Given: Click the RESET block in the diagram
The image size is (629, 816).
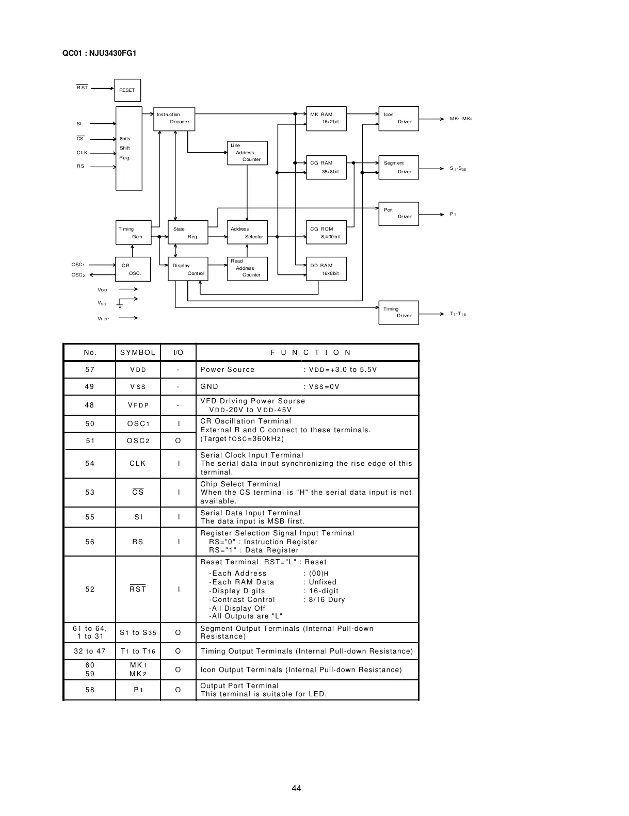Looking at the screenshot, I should pyautogui.click(x=127, y=90).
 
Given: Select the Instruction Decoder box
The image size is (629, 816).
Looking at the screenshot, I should pyautogui.click(x=174, y=119).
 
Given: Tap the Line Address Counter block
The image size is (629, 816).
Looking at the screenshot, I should pyautogui.click(x=247, y=153).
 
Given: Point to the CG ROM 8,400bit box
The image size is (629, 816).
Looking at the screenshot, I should pyautogui.click(x=326, y=233).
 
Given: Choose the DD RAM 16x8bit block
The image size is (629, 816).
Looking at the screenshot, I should pyautogui.click(x=326, y=269).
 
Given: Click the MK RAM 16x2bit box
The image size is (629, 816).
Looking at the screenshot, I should pyautogui.click(x=326, y=118).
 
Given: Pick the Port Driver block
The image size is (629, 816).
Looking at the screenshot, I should pyautogui.click(x=398, y=214).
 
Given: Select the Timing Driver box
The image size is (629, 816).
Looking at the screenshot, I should pyautogui.click(x=398, y=313).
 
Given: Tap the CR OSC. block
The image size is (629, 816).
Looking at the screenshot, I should pyautogui.click(x=133, y=269).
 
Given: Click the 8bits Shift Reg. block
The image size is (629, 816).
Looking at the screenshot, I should pyautogui.click(x=128, y=149).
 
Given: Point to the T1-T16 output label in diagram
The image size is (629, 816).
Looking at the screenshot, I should pyautogui.click(x=458, y=314).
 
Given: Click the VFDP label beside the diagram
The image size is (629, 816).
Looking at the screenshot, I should pyautogui.click(x=103, y=319).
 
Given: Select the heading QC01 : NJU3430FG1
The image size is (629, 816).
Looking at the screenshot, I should pyautogui.click(x=100, y=53).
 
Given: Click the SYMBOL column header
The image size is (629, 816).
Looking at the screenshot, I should pyautogui.click(x=138, y=353).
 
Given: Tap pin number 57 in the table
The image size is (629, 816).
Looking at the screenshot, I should pyautogui.click(x=90, y=370).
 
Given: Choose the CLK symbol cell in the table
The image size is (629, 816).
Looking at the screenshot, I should pyautogui.click(x=138, y=464).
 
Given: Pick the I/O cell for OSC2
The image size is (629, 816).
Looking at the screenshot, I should pyautogui.click(x=178, y=440).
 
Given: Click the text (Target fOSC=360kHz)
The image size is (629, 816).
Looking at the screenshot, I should pyautogui.click(x=242, y=439).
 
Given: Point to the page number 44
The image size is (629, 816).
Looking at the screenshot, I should pyautogui.click(x=296, y=788).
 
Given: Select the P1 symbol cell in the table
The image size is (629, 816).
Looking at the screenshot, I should pyautogui.click(x=138, y=690).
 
